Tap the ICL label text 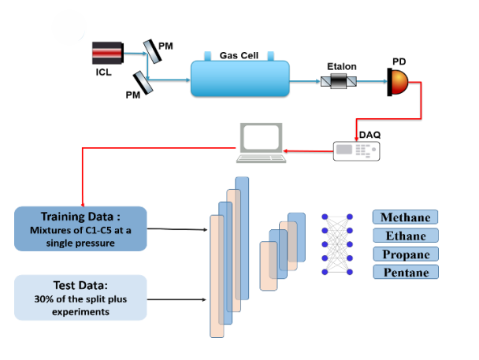(104, 72)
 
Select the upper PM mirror (148, 51)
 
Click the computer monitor (261, 139)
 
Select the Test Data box (81, 297)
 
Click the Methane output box (405, 217)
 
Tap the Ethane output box (405, 236)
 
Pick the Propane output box (405, 254)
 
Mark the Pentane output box (405, 272)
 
